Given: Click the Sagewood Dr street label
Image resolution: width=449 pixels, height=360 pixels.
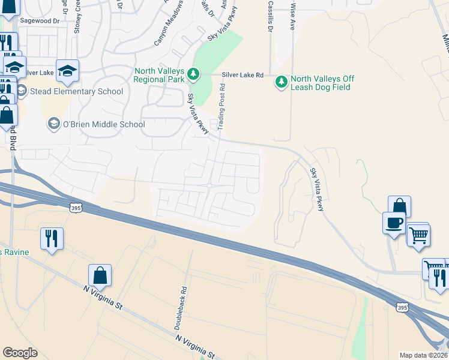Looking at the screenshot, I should pos(41,20).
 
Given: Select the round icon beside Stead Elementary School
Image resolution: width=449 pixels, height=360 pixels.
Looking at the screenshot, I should pos(22,91).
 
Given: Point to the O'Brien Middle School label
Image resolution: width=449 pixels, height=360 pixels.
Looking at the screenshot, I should pos(104,124).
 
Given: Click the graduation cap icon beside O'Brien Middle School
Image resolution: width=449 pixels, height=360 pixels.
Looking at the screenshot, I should pos(53,124).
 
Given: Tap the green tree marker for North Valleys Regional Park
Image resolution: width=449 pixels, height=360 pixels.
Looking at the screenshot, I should pos(193,74).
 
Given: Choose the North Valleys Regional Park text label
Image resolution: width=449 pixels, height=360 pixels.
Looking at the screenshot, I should pos(159,74).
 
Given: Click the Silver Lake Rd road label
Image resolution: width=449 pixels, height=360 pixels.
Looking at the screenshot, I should pos(243,75).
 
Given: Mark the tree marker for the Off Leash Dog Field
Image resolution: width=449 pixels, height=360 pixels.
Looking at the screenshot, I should pos(280,81).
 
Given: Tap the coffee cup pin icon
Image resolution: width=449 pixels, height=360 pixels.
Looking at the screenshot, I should pos(394,223).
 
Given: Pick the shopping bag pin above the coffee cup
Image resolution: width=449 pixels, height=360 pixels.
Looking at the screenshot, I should pos(400,206).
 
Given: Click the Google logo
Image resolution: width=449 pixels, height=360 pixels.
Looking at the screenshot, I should pos(20,353).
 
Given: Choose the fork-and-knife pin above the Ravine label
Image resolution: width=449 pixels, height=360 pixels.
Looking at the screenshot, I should pos(52,238).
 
